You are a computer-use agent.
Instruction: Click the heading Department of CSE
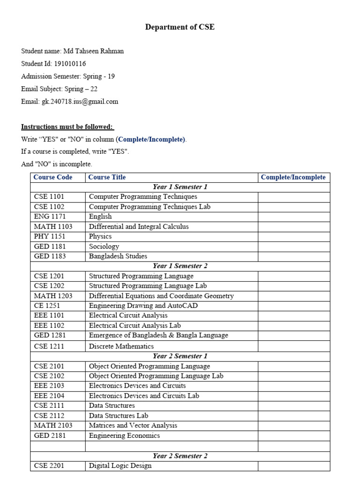tap(180, 27)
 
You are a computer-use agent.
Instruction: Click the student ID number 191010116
tap(70, 64)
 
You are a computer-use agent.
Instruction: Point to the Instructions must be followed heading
tap(67, 127)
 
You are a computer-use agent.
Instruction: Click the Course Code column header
tap(53, 177)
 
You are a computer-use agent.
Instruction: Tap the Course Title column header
tap(107, 177)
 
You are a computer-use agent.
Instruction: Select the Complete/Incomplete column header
tap(293, 177)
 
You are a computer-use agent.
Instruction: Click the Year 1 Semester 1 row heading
tap(180, 187)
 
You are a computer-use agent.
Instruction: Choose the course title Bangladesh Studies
tap(118, 256)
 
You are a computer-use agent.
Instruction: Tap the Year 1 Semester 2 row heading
tap(180, 266)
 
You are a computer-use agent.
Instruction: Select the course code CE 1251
tap(47, 306)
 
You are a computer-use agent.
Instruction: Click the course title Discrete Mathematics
tap(121, 346)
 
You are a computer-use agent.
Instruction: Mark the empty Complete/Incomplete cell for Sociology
tap(293, 247)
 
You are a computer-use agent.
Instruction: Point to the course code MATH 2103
tap(53, 426)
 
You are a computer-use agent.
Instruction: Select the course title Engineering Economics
tap(124, 435)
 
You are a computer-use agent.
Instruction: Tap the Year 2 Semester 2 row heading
tap(180, 456)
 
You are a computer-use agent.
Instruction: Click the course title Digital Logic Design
tap(120, 466)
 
